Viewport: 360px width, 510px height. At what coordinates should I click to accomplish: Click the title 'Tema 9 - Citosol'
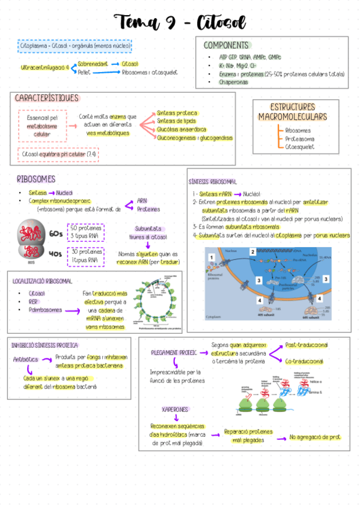point(181,23)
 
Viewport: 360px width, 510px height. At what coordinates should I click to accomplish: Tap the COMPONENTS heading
point(226,45)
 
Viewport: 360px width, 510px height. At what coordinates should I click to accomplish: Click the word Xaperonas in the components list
point(233,82)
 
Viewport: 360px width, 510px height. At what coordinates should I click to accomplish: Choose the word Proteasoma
point(299,138)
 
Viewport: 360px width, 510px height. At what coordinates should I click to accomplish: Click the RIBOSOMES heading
point(36,179)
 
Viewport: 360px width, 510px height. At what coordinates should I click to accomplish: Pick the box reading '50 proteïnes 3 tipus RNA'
point(85,232)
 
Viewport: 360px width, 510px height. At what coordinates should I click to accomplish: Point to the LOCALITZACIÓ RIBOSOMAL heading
point(43,281)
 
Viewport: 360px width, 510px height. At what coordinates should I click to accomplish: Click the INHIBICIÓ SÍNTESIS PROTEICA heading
point(44,345)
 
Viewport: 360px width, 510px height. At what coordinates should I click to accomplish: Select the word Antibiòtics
point(26,359)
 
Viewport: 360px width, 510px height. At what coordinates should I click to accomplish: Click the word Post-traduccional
point(307,345)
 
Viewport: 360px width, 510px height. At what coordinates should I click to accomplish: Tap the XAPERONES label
point(175,409)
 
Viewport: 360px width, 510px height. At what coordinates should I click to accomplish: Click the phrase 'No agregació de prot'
point(314,437)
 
